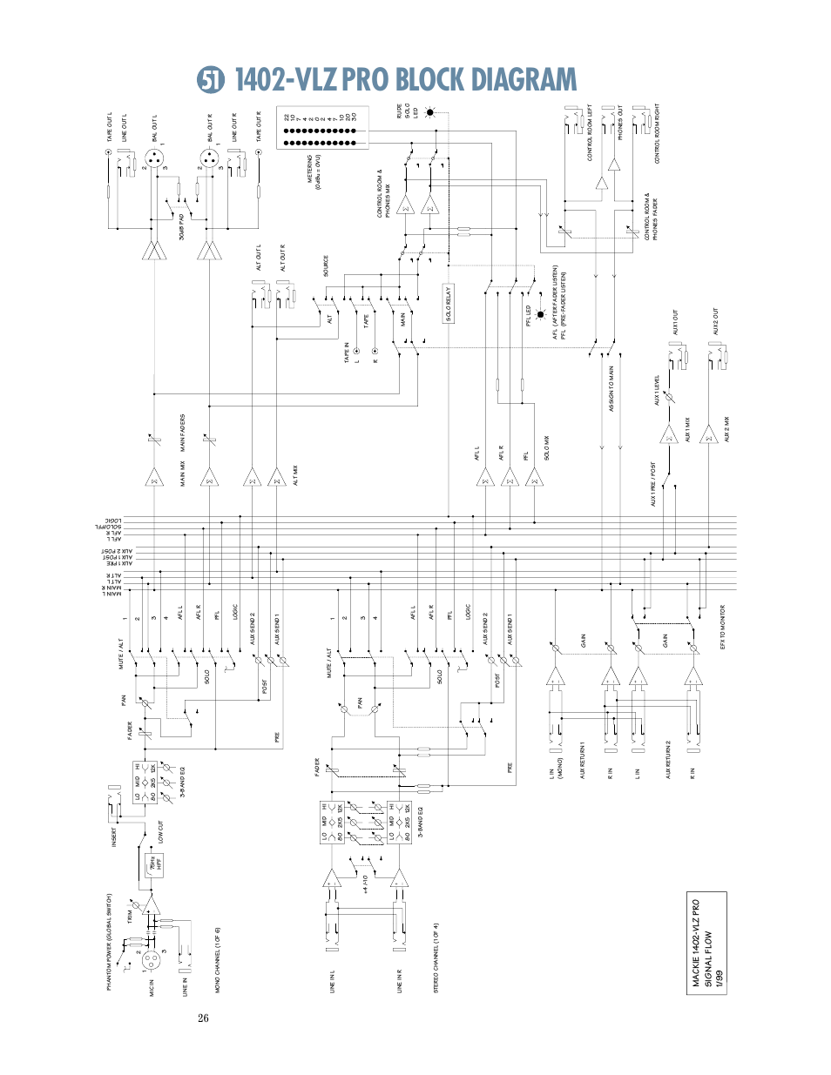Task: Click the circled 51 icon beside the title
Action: click(210, 80)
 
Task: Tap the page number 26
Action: click(203, 1018)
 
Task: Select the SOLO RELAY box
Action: click(449, 304)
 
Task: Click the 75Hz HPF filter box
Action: click(154, 864)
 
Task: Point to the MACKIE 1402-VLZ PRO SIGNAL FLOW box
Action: click(706, 943)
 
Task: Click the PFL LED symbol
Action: click(540, 314)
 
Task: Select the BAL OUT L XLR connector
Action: click(153, 159)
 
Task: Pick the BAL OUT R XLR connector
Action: click(209, 159)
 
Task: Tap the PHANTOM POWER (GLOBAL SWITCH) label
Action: click(110, 941)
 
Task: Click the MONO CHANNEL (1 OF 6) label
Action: click(217, 959)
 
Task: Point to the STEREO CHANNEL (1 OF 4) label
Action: click(436, 957)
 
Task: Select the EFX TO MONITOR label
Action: click(722, 627)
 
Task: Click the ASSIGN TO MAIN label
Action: click(611, 388)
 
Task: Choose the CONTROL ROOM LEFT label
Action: click(590, 133)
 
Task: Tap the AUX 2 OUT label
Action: click(716, 321)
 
